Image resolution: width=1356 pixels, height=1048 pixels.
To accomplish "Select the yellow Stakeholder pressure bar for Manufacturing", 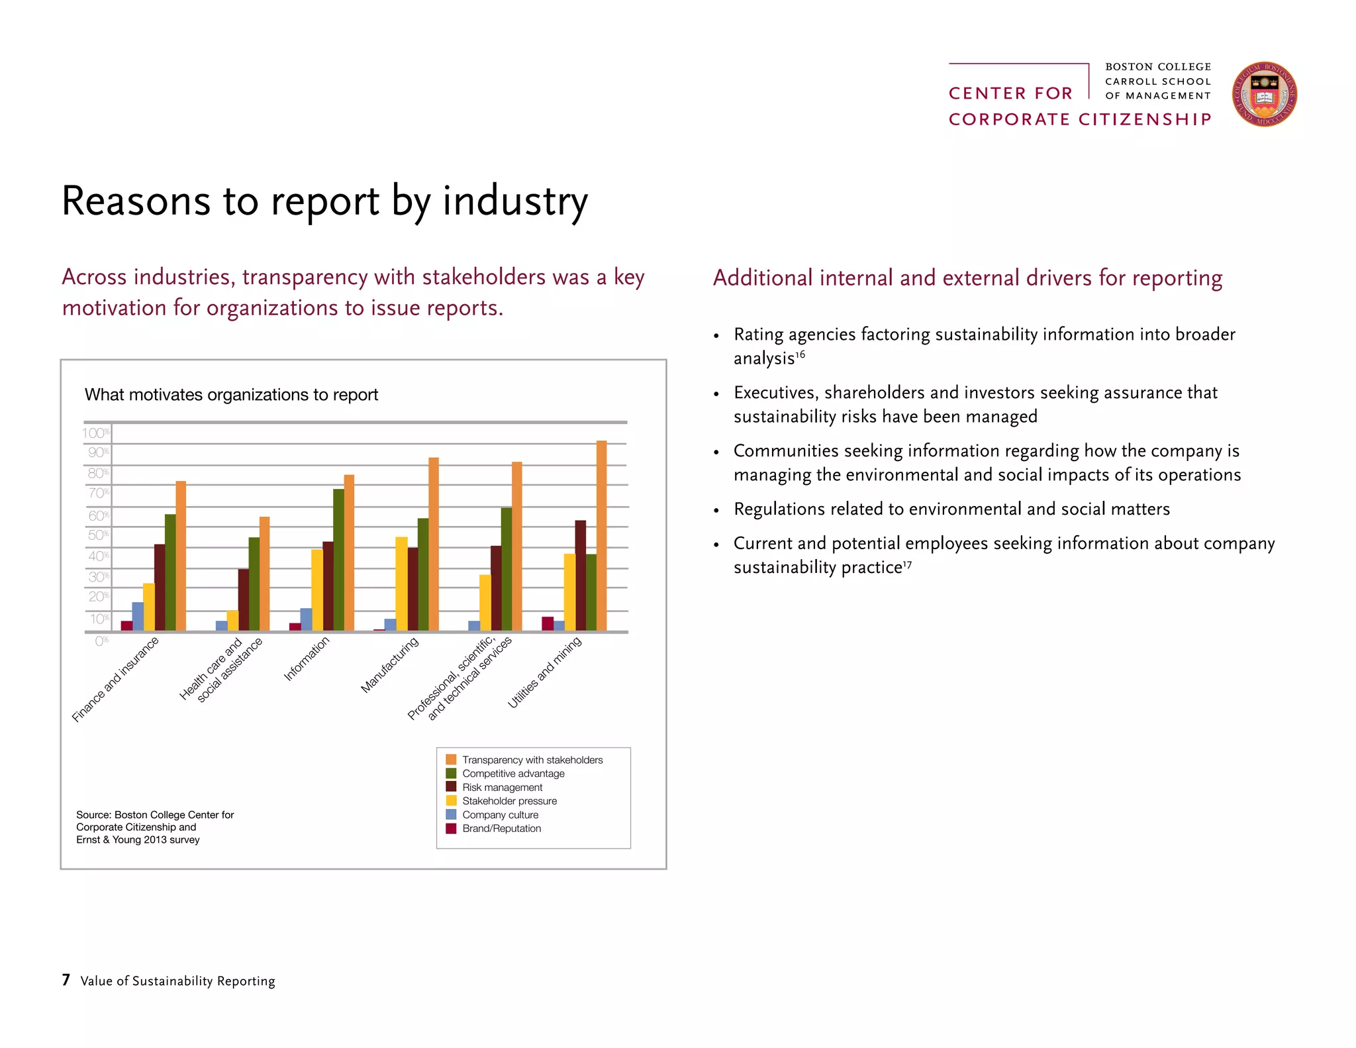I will point(401,583).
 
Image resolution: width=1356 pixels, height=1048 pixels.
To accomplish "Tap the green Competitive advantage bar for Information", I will point(338,560).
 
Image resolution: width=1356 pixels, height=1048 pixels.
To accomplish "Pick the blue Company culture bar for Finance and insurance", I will point(138,616).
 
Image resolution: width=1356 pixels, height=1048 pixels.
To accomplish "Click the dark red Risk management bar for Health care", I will point(244,600).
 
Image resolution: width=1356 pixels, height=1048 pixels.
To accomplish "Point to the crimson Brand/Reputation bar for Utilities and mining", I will point(548,623).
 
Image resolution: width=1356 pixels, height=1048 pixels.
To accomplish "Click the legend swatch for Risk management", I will point(451,787).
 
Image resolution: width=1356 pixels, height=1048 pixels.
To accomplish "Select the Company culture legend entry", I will point(500,815).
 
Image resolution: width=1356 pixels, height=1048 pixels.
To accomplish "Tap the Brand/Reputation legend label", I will point(501,829).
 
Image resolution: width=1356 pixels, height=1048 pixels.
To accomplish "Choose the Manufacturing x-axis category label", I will point(389,664).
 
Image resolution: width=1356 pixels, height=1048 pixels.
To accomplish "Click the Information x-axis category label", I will point(306,658).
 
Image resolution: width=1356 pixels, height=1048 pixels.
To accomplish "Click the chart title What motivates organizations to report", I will point(231,395).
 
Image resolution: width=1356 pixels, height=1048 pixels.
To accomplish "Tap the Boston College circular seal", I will point(1264,95).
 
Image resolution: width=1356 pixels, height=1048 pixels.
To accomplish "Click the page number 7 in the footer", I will point(66,980).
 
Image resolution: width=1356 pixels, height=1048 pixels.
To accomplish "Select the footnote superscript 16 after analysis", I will point(800,354).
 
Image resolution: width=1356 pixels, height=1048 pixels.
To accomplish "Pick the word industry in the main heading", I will point(514,201).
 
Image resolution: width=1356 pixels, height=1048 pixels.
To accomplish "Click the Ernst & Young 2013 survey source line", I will point(138,840).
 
